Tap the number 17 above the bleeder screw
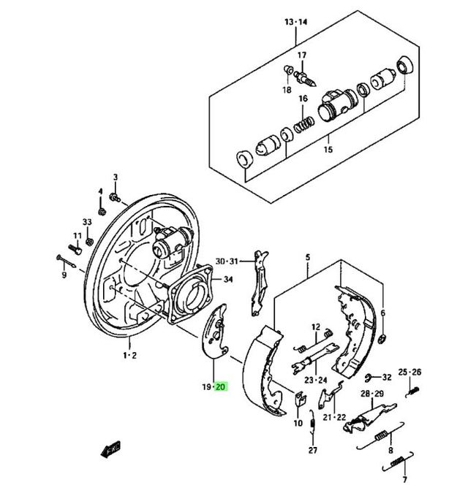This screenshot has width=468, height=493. click(301, 56)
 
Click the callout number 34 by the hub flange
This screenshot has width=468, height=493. click(228, 279)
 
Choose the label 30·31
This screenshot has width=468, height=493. click(227, 261)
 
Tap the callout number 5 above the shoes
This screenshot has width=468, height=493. click(308, 257)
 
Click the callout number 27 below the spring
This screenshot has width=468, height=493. click(313, 451)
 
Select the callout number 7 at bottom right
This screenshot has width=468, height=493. click(403, 481)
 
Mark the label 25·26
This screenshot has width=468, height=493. click(410, 372)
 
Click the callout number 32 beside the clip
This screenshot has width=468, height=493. click(387, 378)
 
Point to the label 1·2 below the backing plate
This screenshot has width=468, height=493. click(129, 355)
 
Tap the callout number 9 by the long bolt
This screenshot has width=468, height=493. click(64, 275)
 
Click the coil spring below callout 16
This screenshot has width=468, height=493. click(303, 126)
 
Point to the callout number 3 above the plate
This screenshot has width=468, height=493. click(115, 177)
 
